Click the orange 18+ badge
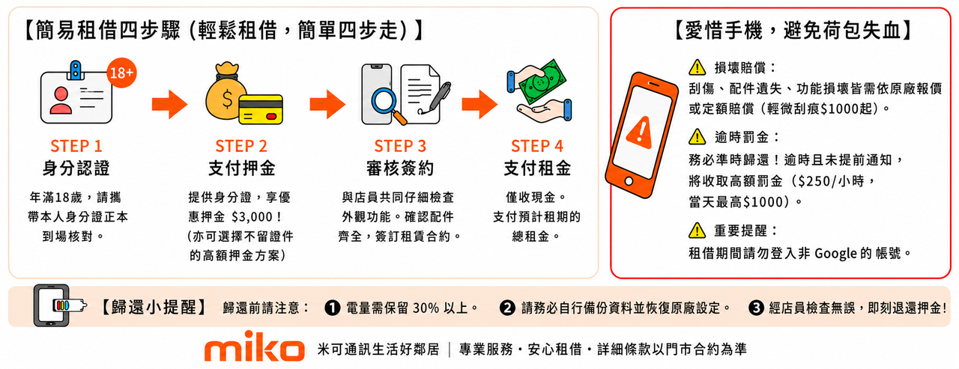pyautogui.click(x=121, y=73)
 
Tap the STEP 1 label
pyautogui.click(x=76, y=146)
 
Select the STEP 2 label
pyautogui.click(x=241, y=146)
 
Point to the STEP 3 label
pyautogui.click(x=400, y=146)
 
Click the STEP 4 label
pyautogui.click(x=537, y=146)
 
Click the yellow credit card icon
pyautogui.click(x=261, y=109)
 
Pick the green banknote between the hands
pyautogui.click(x=542, y=82)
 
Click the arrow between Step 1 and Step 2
pyautogui.click(x=169, y=104)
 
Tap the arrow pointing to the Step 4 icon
pyautogui.click(x=479, y=104)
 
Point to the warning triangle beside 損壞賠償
pyautogui.click(x=697, y=67)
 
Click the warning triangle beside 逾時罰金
pyautogui.click(x=697, y=137)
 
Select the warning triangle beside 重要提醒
pyautogui.click(x=697, y=231)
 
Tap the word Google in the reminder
pyautogui.click(x=835, y=254)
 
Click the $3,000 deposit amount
pyautogui.click(x=252, y=217)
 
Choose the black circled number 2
pyautogui.click(x=507, y=308)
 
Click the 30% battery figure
pyautogui.click(x=426, y=308)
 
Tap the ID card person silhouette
pyautogui.click(x=61, y=100)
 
